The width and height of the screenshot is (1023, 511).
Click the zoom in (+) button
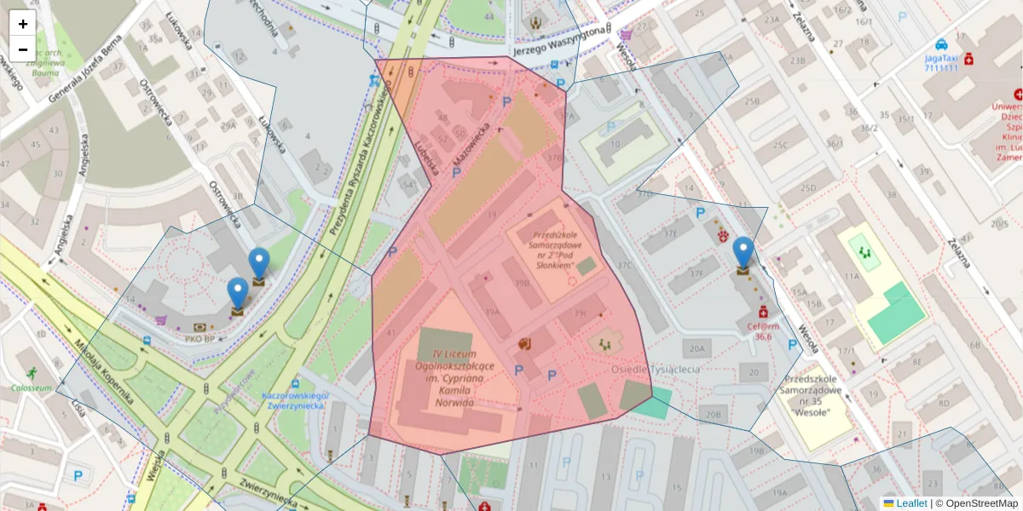[x=23, y=24]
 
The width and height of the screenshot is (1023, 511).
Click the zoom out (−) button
[x=23, y=49]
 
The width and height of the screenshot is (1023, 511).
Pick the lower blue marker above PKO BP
[x=238, y=295]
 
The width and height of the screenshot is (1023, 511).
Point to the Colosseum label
[x=32, y=388]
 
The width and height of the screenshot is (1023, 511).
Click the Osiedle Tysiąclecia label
[x=655, y=370]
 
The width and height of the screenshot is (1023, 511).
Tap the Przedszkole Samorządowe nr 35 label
[x=818, y=395]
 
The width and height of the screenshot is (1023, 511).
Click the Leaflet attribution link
[x=910, y=503]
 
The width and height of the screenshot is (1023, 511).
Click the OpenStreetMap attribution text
[x=976, y=503]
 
